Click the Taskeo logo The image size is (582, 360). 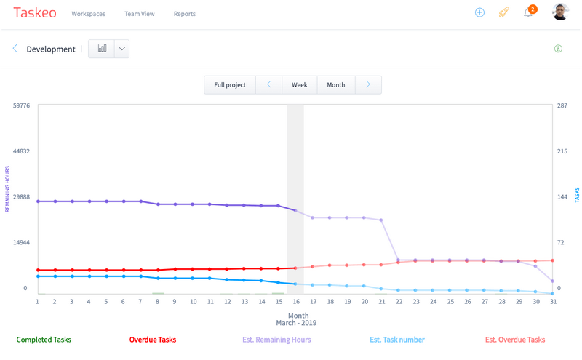coord(35,13)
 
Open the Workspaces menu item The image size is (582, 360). coord(88,14)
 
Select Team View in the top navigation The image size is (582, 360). coord(139,14)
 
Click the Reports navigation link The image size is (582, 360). coord(184,14)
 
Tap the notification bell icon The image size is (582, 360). coord(527,13)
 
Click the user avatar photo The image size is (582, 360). coord(559,12)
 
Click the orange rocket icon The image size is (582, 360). coord(503,12)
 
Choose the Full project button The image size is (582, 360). coord(230,85)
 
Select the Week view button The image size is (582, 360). coord(300,85)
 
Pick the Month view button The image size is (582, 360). coord(336,85)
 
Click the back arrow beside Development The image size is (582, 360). coord(15,49)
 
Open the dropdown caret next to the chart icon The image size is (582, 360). coord(121,49)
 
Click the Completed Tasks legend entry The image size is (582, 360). coord(44,340)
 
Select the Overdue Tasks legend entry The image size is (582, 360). coord(152,340)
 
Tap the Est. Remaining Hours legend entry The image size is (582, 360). coord(276,340)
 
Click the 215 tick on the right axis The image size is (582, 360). coord(562,151)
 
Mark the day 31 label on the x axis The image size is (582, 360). coord(554,301)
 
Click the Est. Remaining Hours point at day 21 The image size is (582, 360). coord(381,220)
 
